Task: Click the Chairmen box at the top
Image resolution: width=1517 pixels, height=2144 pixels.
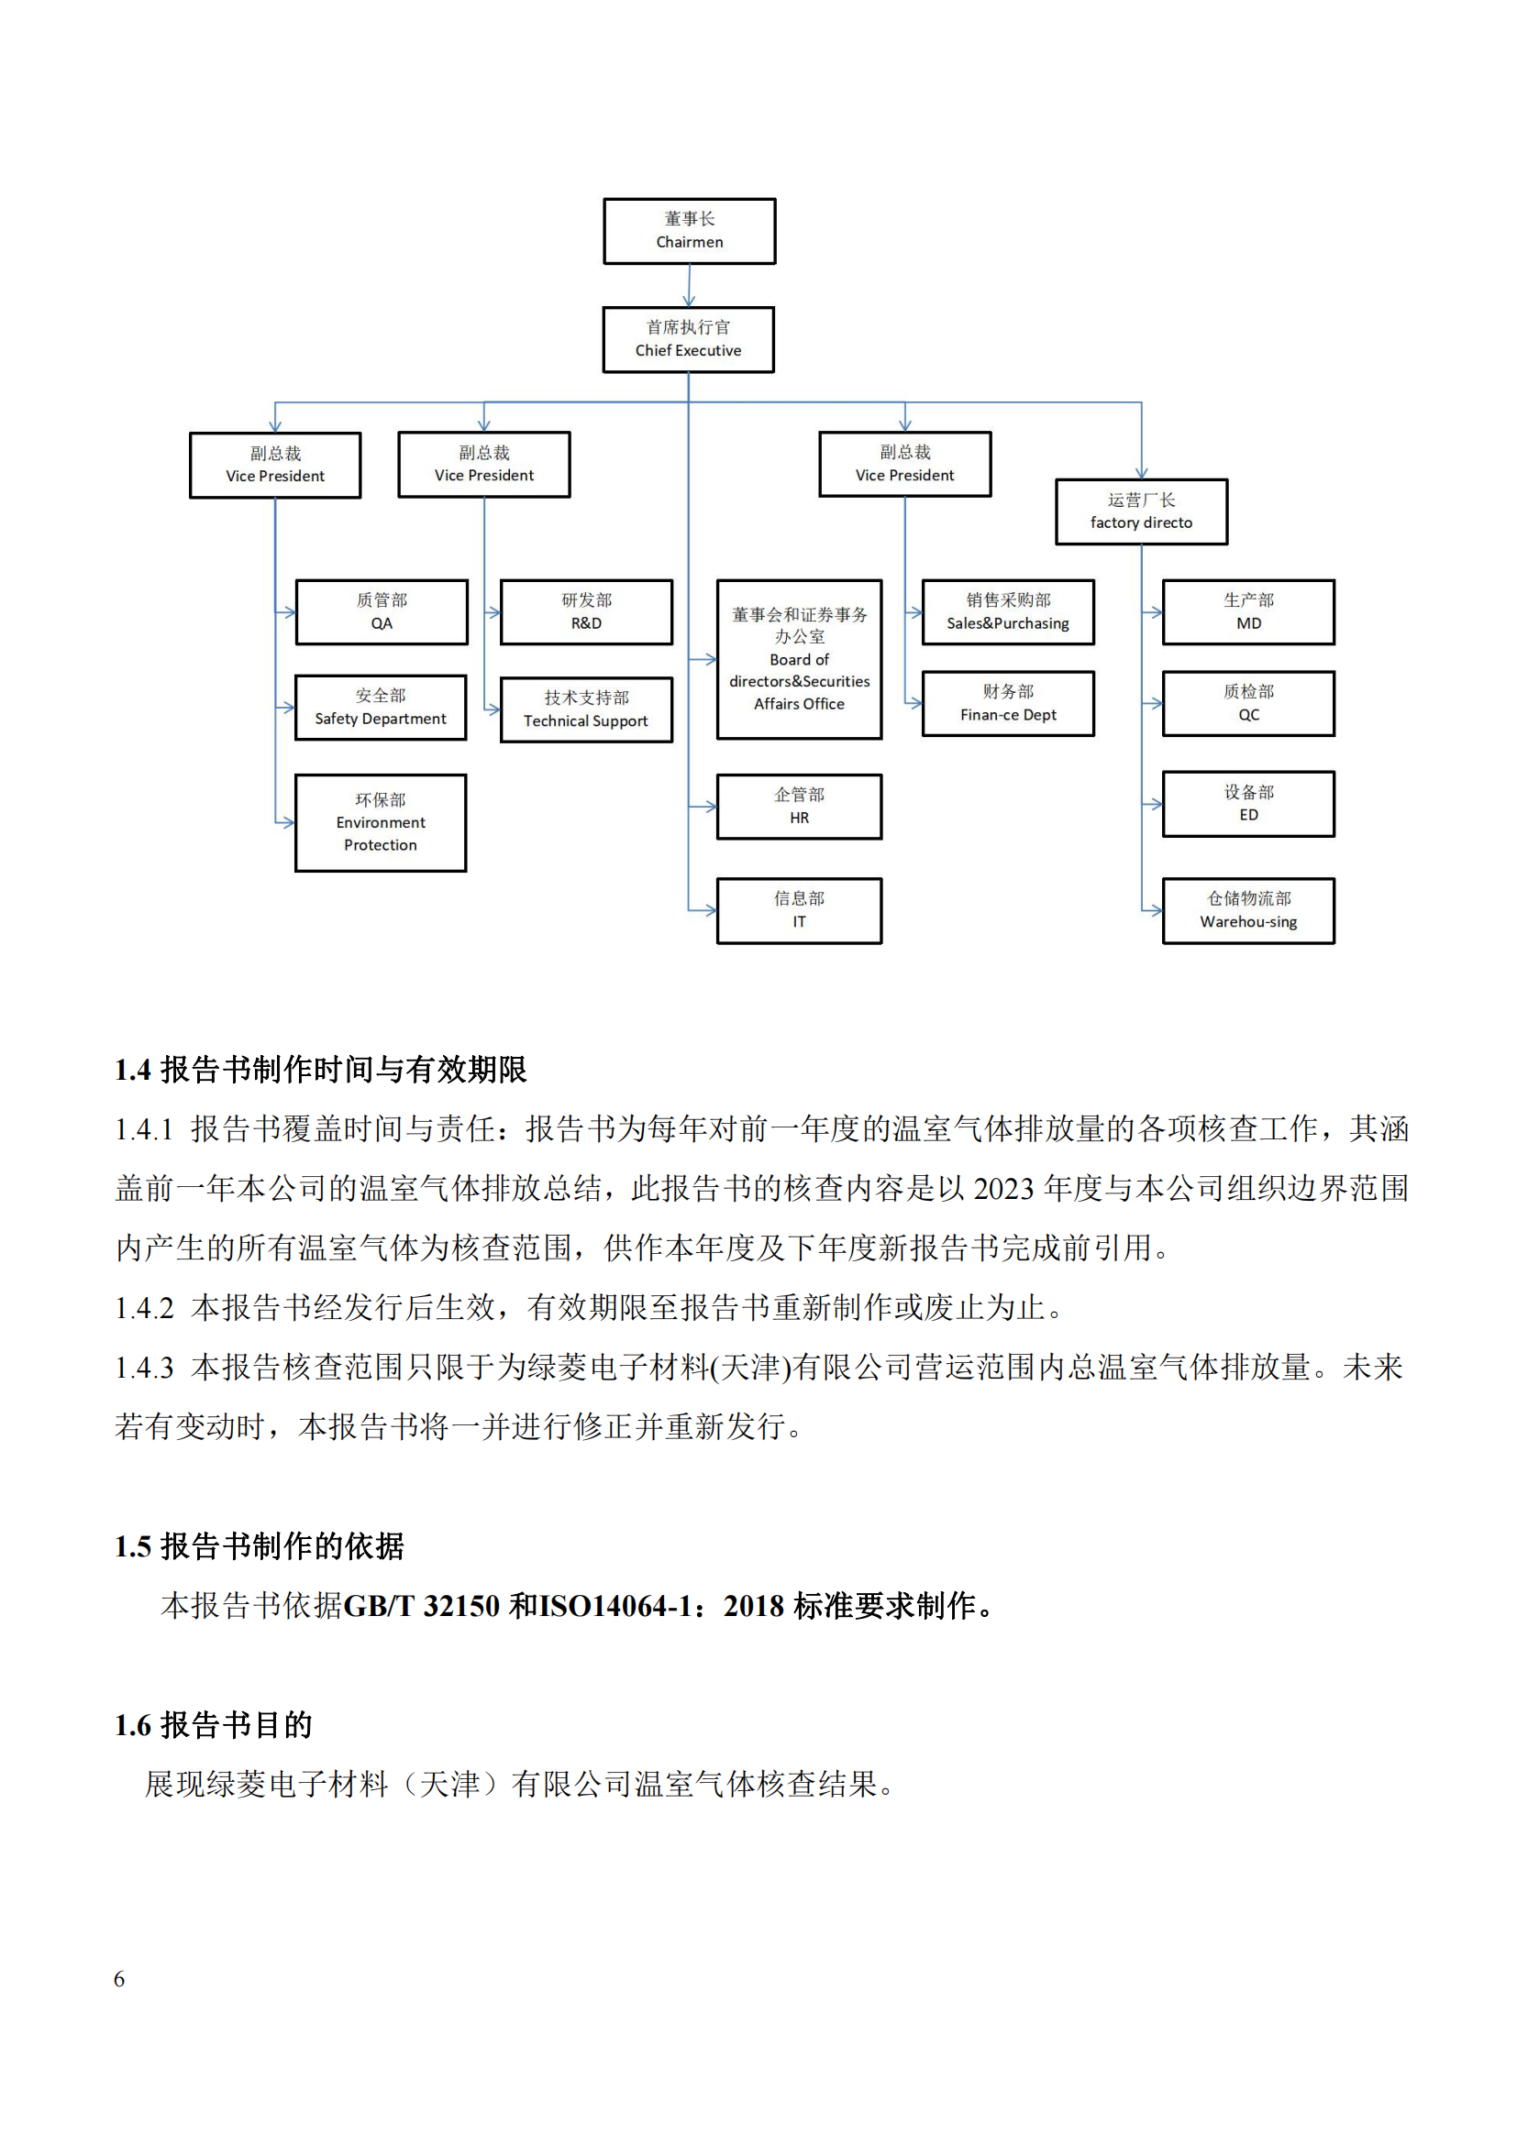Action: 690,231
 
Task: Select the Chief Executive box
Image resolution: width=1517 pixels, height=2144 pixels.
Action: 689,339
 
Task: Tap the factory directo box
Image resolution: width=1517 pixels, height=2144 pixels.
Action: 1141,511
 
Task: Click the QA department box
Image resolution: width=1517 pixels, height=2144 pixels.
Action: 382,611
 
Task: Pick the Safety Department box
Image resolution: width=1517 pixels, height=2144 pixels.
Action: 381,708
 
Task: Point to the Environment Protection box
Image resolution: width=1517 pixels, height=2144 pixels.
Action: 381,822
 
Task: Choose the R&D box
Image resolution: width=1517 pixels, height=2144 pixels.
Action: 586,611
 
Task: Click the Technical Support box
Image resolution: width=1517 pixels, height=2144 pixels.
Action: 586,709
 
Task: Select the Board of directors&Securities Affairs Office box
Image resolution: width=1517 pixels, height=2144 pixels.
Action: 799,659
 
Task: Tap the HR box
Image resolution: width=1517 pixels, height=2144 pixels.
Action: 799,807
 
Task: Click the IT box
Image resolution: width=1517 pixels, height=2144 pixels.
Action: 799,910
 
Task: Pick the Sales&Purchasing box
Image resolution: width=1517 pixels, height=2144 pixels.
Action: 1008,611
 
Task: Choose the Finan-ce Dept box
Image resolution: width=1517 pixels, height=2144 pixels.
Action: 1008,703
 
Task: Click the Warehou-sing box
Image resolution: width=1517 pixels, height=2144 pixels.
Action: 1248,910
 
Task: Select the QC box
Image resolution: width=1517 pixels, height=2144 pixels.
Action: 1248,703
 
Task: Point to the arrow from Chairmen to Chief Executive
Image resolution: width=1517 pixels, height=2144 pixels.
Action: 690,286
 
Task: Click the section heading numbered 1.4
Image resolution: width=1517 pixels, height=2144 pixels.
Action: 320,1069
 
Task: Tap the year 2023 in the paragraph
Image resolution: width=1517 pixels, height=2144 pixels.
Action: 1003,1189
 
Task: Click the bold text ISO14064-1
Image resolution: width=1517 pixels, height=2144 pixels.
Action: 615,1606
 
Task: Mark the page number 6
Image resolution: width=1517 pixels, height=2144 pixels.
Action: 118,1979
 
